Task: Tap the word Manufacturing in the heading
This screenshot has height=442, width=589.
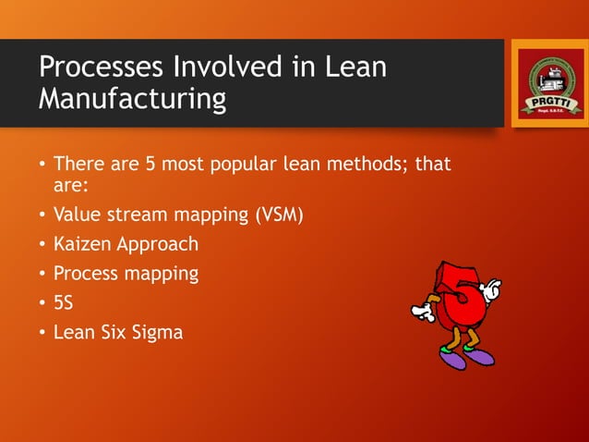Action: click(x=132, y=99)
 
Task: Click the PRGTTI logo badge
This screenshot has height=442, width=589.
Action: click(x=548, y=83)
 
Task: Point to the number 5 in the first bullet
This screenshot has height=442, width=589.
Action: click(x=150, y=166)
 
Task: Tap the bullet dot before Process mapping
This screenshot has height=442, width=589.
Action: click(x=42, y=275)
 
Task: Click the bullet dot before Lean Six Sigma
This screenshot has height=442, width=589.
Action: click(x=42, y=332)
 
